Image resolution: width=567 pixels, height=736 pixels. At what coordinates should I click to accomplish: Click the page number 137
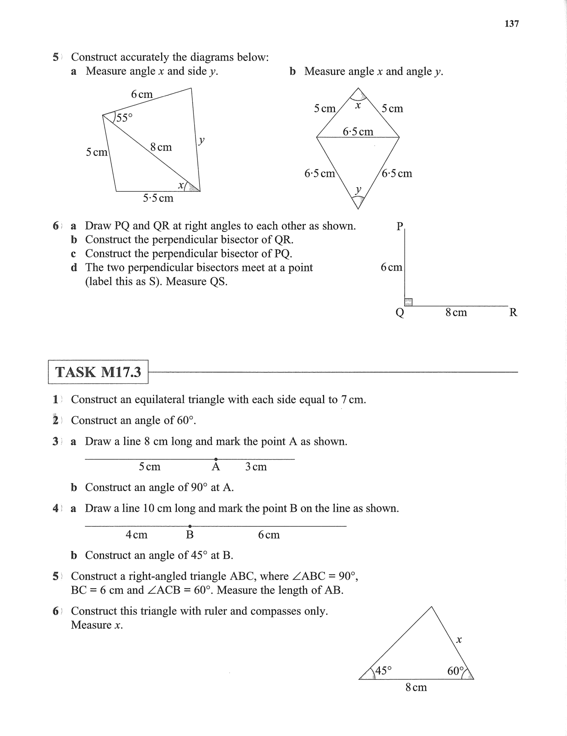pyautogui.click(x=511, y=24)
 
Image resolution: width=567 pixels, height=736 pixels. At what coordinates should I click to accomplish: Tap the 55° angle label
pyautogui.click(x=124, y=118)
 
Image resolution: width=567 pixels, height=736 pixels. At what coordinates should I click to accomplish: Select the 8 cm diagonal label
pyautogui.click(x=161, y=147)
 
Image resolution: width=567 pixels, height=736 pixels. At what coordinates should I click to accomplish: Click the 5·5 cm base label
pyautogui.click(x=158, y=198)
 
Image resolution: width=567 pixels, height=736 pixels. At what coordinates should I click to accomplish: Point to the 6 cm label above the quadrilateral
pyautogui.click(x=142, y=94)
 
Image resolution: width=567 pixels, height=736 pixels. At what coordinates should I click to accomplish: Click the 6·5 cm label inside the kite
pyautogui.click(x=358, y=132)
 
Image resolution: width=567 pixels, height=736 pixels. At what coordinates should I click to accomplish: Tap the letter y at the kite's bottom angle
pyautogui.click(x=358, y=189)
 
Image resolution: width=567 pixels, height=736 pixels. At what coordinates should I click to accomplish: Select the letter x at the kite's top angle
pyautogui.click(x=358, y=105)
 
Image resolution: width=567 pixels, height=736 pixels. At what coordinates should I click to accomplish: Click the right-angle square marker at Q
pyautogui.click(x=409, y=302)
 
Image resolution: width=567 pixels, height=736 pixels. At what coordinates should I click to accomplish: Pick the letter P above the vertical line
pyautogui.click(x=400, y=226)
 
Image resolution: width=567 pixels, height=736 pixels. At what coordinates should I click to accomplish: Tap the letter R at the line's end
pyautogui.click(x=513, y=312)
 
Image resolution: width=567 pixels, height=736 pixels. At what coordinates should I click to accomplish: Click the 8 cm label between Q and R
pyautogui.click(x=456, y=312)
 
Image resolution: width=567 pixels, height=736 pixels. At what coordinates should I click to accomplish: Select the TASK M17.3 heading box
pyautogui.click(x=98, y=372)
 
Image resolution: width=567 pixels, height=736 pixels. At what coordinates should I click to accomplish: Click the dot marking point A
pyautogui.click(x=216, y=459)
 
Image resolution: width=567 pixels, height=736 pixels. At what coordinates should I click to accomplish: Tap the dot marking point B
pyautogui.click(x=190, y=526)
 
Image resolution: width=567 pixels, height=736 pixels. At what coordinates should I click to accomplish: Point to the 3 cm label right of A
pyautogui.click(x=256, y=467)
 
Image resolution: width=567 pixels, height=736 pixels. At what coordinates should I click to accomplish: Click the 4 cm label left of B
pyautogui.click(x=136, y=535)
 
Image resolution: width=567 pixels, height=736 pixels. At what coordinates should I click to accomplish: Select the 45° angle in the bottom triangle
pyautogui.click(x=383, y=671)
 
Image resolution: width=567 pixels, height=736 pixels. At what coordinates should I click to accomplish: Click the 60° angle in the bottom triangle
pyautogui.click(x=455, y=671)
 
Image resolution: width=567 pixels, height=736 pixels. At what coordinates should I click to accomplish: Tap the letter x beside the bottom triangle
pyautogui.click(x=459, y=640)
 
